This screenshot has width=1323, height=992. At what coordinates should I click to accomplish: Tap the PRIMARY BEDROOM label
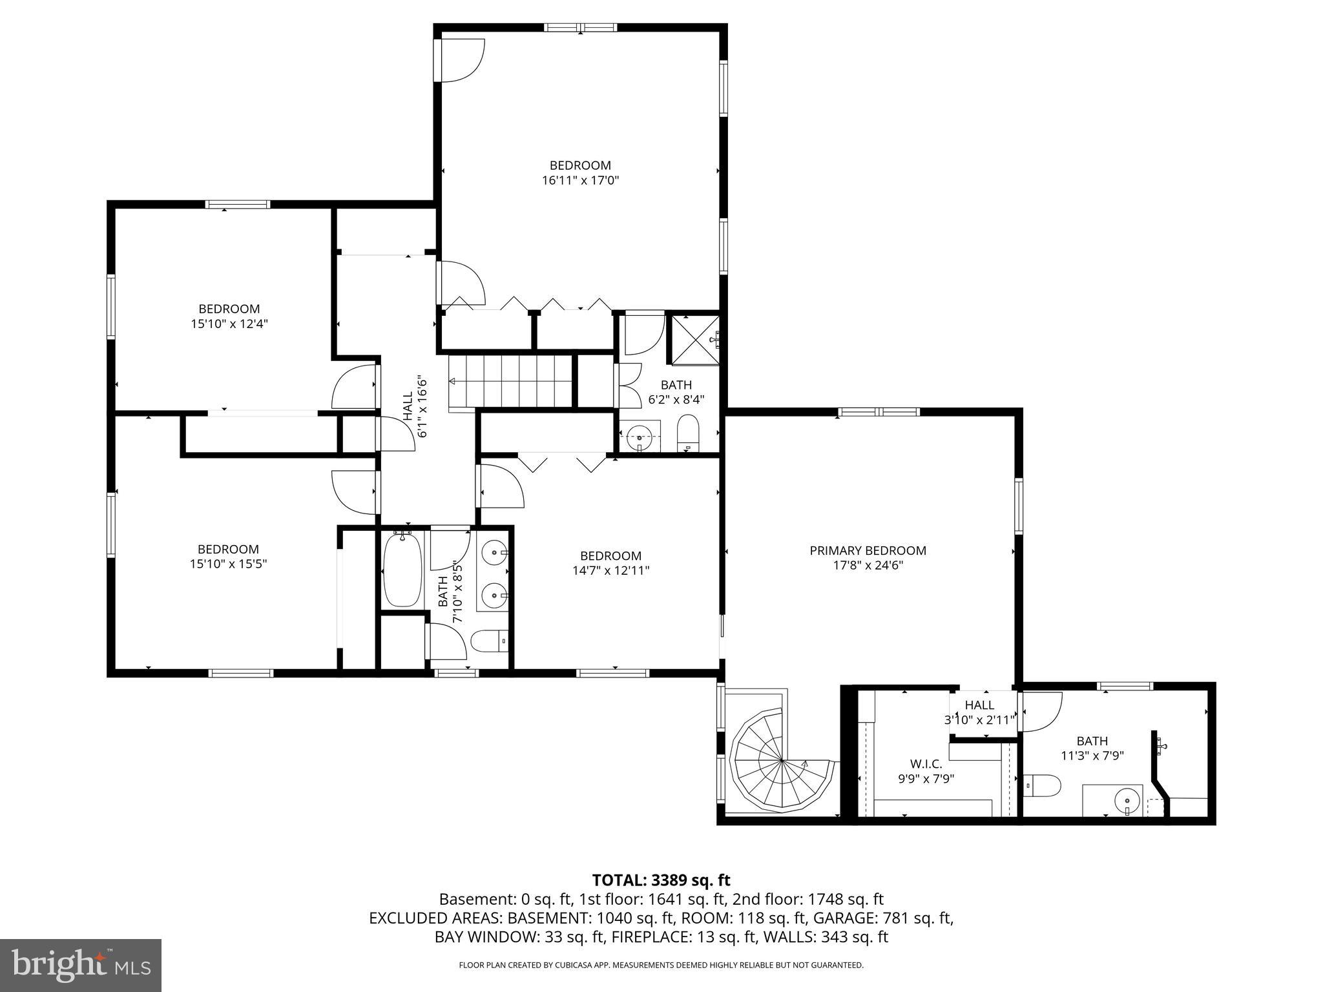[x=868, y=551]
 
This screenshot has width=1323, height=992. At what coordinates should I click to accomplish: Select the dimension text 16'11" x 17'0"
[x=580, y=181]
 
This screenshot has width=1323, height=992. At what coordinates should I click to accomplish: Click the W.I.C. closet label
[x=926, y=764]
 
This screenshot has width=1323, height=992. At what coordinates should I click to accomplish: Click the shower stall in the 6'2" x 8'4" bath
[x=696, y=340]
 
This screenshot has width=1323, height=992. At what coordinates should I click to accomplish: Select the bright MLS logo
[x=81, y=965]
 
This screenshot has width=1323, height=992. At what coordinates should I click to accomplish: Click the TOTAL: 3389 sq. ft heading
[x=661, y=880]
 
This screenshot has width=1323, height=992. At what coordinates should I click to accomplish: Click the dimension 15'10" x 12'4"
[x=229, y=324]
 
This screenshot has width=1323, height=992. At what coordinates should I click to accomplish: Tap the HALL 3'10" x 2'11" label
[x=979, y=712]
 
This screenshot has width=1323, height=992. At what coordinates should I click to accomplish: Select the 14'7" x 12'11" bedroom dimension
[x=610, y=570]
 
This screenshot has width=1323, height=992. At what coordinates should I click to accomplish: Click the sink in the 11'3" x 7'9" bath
[x=1126, y=801]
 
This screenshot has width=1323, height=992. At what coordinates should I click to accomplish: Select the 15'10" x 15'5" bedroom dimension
[x=228, y=564]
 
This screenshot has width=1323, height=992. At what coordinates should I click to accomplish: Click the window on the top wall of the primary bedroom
[x=878, y=412]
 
